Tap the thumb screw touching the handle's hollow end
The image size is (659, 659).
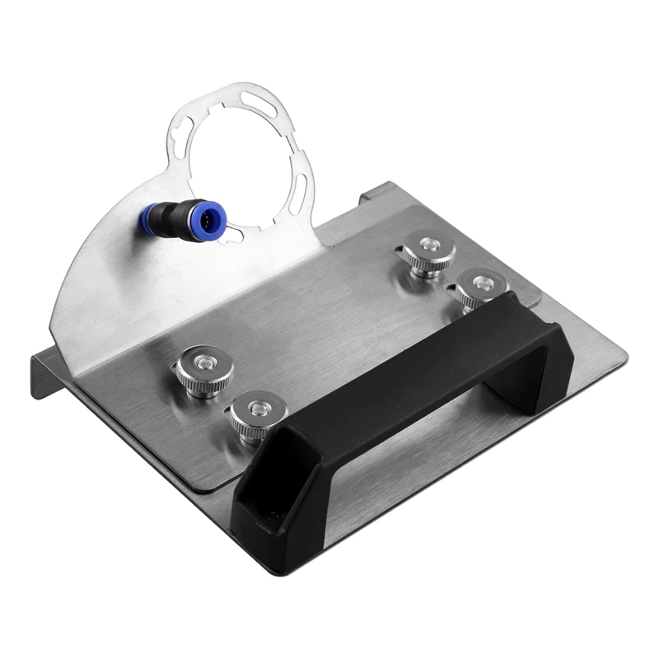click(x=252, y=416)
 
